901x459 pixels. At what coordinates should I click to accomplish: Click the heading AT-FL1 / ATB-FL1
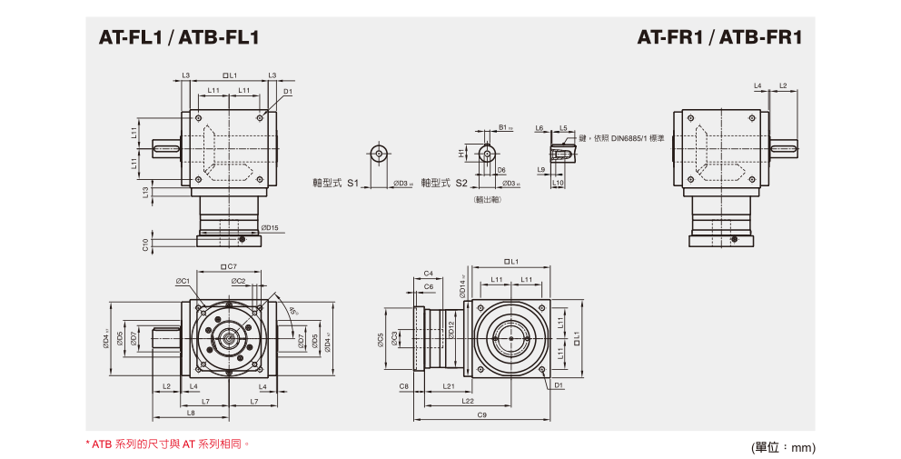pyautogui.click(x=179, y=38)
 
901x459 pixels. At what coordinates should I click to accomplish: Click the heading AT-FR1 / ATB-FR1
pyautogui.click(x=719, y=38)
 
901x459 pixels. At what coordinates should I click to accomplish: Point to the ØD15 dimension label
pyautogui.click(x=269, y=227)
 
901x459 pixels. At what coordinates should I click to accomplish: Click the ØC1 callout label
pyautogui.click(x=183, y=281)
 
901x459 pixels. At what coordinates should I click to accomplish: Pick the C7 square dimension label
pyautogui.click(x=229, y=266)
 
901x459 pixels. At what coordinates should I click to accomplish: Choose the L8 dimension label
pyautogui.click(x=190, y=413)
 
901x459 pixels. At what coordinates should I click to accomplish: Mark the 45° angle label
pyautogui.click(x=292, y=311)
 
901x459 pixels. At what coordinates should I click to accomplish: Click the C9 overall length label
pyautogui.click(x=481, y=414)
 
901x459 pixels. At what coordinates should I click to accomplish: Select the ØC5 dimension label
pyautogui.click(x=381, y=340)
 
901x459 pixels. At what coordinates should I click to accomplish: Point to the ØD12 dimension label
pyautogui.click(x=451, y=329)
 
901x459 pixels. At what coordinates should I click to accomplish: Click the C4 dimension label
pyautogui.click(x=428, y=273)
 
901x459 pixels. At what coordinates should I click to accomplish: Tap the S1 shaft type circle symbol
pyautogui.click(x=378, y=153)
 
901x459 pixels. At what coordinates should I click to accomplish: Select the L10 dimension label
pyautogui.click(x=558, y=183)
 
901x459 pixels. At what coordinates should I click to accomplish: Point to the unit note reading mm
pyautogui.click(x=784, y=447)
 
